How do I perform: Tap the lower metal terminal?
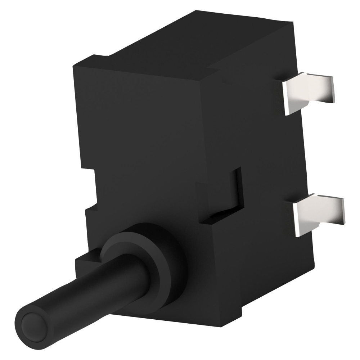317,215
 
